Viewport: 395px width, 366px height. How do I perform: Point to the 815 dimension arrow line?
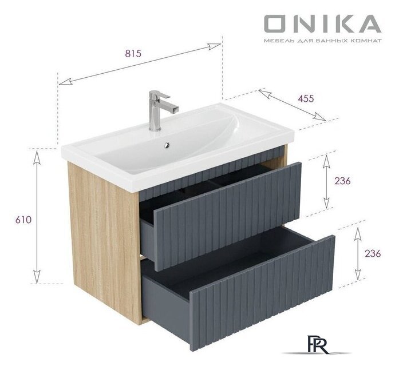point(140,62)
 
